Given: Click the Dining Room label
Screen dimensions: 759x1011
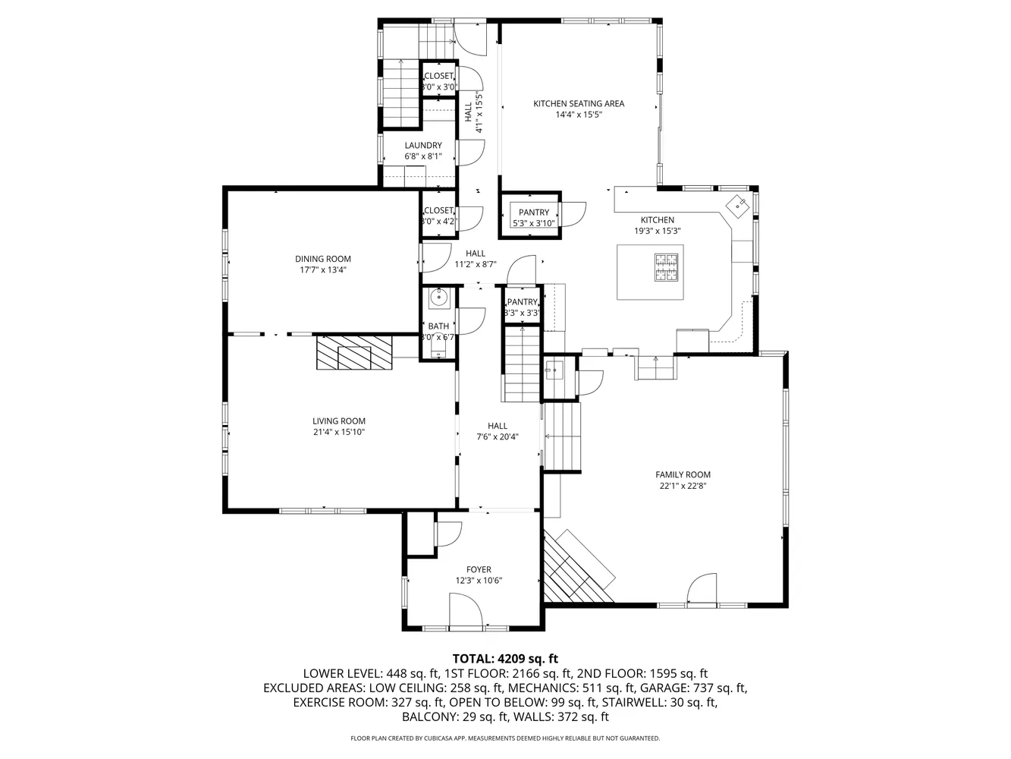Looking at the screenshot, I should (x=323, y=259).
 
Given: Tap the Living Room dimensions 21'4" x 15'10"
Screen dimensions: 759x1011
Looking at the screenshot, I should (x=339, y=433).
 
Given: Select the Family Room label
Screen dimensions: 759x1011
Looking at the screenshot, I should (x=683, y=475).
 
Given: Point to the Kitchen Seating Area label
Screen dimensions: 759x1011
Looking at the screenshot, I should (x=579, y=103).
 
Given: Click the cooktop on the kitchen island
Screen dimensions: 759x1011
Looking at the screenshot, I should (x=667, y=266).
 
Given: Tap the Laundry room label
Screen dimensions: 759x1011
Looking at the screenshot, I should (x=423, y=146).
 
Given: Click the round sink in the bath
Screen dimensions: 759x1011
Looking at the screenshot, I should (x=438, y=298).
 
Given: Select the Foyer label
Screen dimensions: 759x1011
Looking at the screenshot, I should (x=479, y=569).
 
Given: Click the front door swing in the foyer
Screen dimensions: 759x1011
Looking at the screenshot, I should (x=465, y=611).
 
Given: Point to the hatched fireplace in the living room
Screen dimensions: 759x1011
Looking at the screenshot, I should (x=354, y=352).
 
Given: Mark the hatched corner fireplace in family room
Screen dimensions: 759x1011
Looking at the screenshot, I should (x=578, y=569).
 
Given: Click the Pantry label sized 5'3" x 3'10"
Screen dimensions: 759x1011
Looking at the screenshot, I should (x=534, y=213).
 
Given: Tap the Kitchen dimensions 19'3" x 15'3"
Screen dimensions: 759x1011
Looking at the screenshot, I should (x=658, y=231).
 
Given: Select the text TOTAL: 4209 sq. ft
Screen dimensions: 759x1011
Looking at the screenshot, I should (x=505, y=659).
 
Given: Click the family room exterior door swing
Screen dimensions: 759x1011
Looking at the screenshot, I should (x=702, y=588).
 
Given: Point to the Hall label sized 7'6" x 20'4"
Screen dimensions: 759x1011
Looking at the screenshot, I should (x=498, y=426).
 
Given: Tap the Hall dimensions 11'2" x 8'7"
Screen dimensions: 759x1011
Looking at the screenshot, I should (x=476, y=265).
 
